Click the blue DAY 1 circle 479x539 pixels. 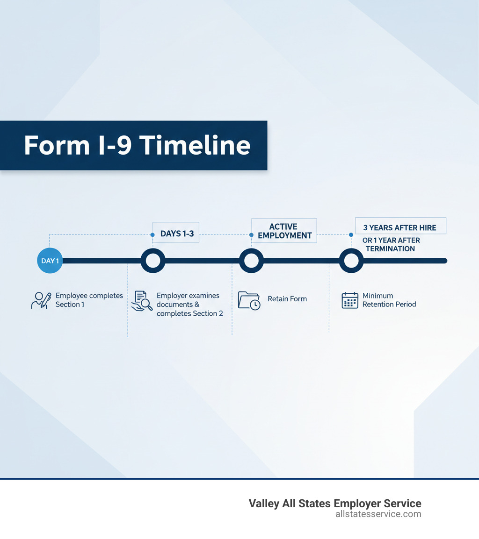(50, 261)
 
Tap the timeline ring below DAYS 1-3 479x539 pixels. (153, 261)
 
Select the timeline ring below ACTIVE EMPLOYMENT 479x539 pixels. (251, 261)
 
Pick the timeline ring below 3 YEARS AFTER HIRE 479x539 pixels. (351, 261)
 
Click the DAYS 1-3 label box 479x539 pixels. (176, 233)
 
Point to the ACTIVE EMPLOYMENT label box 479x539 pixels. (284, 231)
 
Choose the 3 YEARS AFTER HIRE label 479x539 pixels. (400, 227)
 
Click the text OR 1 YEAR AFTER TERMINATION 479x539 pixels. (391, 244)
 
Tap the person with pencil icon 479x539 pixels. (41, 300)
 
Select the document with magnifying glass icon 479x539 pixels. (142, 301)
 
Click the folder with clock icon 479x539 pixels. (249, 300)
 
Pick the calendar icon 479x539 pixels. (350, 300)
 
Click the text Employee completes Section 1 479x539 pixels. (89, 300)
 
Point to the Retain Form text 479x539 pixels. (287, 298)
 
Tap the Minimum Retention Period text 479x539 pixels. (389, 300)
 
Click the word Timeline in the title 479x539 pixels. (195, 145)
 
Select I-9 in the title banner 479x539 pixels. (114, 145)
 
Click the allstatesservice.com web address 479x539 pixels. (378, 514)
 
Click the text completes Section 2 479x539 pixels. (189, 313)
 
